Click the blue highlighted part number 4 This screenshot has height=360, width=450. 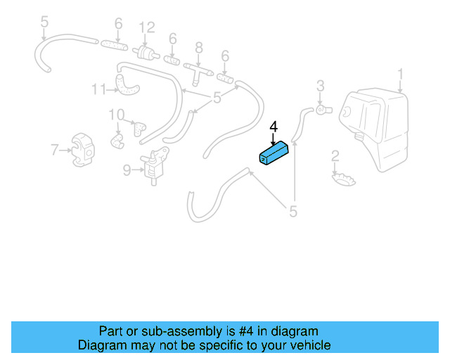click(274, 153)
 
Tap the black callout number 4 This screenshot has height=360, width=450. click(274, 127)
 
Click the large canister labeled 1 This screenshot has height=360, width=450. click(374, 129)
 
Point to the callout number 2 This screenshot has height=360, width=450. click(335, 157)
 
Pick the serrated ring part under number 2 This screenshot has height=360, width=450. click(344, 179)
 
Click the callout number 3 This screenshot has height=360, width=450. click(321, 86)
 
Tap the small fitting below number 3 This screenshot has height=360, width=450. click(324, 110)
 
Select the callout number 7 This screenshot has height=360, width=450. click(55, 150)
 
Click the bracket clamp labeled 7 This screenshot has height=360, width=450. click(83, 150)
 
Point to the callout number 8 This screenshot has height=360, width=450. click(199, 48)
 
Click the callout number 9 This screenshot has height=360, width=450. click(127, 170)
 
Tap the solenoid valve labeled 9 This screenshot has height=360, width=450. click(155, 165)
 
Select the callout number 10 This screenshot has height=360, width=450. click(117, 115)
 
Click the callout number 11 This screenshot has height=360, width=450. click(98, 89)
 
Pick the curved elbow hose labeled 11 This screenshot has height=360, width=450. click(127, 85)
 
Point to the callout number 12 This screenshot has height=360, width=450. click(147, 28)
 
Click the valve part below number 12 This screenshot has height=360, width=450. click(146, 53)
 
